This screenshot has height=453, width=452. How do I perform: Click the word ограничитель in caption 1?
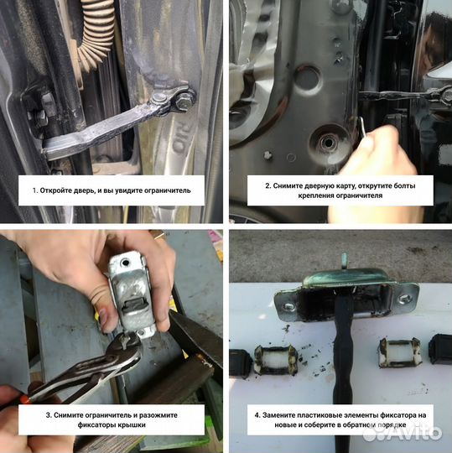click(x=168, y=190)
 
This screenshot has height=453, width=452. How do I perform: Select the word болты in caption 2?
click(x=405, y=185)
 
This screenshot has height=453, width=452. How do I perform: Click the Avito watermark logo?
click(x=403, y=434)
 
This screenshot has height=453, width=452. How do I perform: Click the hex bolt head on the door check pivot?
click(x=181, y=101)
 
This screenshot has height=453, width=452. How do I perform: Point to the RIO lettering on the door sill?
click(x=179, y=136)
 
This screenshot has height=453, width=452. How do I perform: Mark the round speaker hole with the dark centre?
click(x=330, y=143)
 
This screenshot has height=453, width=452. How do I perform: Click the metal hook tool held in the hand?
click(x=362, y=128)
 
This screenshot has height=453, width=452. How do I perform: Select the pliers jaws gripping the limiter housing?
click(x=127, y=346)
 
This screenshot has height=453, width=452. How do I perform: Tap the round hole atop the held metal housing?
click(x=125, y=263)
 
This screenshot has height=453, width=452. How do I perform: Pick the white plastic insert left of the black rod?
click(x=276, y=359)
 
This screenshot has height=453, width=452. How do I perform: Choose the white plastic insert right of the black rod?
click(x=400, y=352)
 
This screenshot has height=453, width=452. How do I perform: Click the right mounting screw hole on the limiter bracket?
click(x=404, y=299)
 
